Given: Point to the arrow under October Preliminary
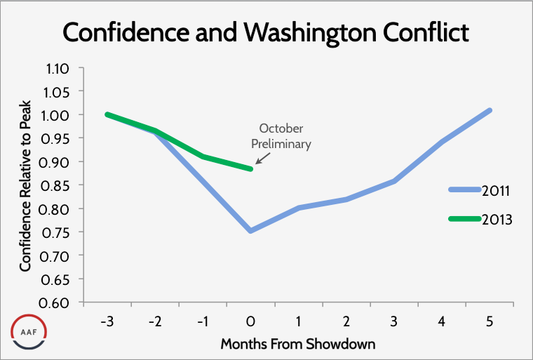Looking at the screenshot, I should pos(261,158).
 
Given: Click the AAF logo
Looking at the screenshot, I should pos(29,330).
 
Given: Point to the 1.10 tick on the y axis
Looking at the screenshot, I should pos(59,68).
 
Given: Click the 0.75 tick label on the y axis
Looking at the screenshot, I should pos(59,232).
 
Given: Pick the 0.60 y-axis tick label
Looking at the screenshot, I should pos(59,302).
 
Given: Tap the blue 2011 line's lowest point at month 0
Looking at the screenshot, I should pos(250,230).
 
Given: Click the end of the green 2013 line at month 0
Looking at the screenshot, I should pos(250,168).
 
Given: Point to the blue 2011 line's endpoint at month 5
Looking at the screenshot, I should pos(490,110).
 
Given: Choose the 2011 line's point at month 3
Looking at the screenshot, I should pos(394,181).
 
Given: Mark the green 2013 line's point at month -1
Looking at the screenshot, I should pos(203,156).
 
